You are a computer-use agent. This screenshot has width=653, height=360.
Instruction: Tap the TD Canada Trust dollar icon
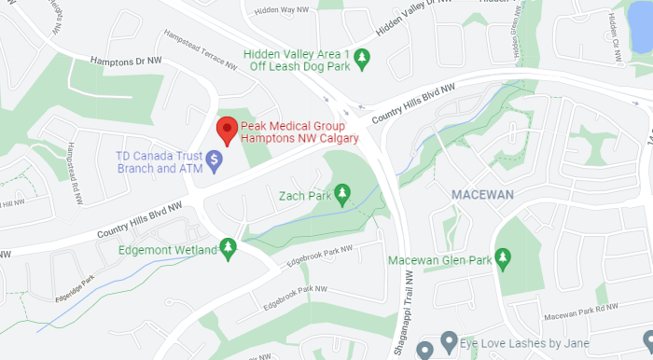pyautogui.click(x=214, y=161)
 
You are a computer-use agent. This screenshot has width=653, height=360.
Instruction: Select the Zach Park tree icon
pyautogui.click(x=342, y=193)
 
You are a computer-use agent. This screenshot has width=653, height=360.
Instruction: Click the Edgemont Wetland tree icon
pyautogui.click(x=227, y=247)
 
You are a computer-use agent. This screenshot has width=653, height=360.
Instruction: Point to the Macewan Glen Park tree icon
pyautogui.click(x=504, y=257)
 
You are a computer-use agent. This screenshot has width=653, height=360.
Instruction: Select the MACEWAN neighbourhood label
pyautogui.click(x=483, y=195)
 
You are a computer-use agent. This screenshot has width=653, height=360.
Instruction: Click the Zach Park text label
pyautogui.click(x=305, y=196)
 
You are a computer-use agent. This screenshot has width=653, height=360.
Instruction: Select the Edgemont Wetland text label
pyautogui.click(x=167, y=249)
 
